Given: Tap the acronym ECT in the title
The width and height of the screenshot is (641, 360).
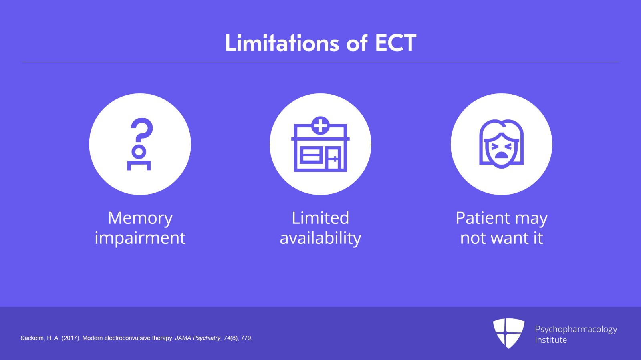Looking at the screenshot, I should [x=395, y=43].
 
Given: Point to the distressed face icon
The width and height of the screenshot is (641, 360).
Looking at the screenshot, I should [x=501, y=144].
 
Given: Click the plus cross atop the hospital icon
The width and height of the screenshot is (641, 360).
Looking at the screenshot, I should [x=320, y=125].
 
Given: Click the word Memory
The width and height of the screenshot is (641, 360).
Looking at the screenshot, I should [x=140, y=218].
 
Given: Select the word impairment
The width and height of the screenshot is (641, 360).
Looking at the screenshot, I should [x=140, y=238].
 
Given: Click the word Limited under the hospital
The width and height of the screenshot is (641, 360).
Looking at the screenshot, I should [x=320, y=218].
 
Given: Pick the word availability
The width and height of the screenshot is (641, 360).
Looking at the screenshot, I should [x=320, y=238].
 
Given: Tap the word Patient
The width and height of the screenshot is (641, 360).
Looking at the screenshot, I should [x=483, y=218].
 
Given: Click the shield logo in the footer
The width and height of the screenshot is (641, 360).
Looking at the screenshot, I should [x=508, y=333].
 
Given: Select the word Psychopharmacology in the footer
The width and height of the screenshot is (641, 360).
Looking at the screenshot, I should [x=576, y=329].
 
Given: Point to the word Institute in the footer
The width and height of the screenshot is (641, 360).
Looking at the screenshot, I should [x=551, y=340].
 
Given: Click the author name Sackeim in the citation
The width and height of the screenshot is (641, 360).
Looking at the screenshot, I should [x=32, y=338].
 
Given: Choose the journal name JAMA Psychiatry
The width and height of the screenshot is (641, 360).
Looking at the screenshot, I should [x=198, y=338].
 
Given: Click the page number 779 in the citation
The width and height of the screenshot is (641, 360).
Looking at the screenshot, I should [x=246, y=338].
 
